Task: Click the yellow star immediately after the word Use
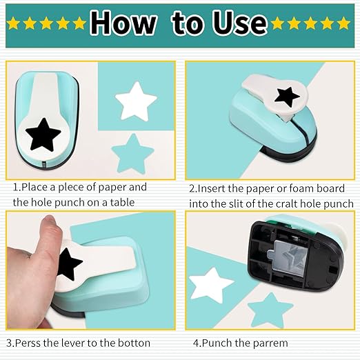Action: point(279,23)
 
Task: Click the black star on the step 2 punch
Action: point(286,97)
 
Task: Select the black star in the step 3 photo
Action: point(69,263)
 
